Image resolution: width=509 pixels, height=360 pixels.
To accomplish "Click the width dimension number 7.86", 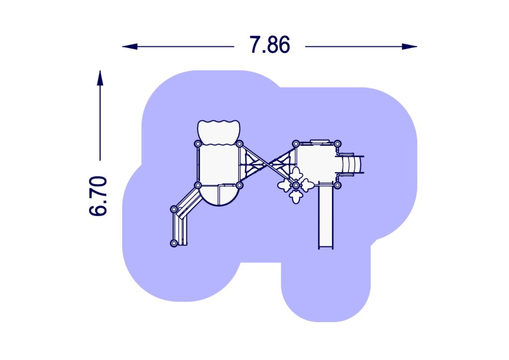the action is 269,45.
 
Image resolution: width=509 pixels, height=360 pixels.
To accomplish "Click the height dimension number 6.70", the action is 98,196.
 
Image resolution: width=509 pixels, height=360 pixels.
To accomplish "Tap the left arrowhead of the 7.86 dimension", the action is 130,46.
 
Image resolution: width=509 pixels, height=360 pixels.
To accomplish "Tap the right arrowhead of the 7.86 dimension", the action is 410,46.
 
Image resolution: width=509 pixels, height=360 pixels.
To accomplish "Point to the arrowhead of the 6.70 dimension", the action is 100,78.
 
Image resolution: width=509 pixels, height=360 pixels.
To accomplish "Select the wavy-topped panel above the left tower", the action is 219,132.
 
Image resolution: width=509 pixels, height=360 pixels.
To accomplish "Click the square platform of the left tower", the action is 219,165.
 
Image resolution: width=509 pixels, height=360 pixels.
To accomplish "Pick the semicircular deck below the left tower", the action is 219,195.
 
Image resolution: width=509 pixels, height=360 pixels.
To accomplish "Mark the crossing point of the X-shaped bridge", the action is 267,165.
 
